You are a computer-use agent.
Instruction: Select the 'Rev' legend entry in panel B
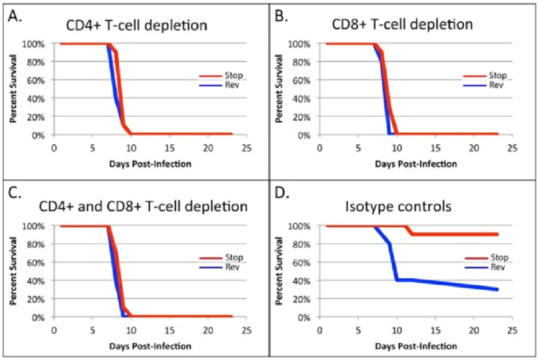(x=497, y=85)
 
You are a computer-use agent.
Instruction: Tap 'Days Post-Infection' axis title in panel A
(x=150, y=164)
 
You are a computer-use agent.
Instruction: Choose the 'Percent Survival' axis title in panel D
(x=280, y=271)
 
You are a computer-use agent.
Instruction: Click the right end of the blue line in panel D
(x=497, y=289)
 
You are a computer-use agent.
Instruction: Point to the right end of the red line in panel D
(x=497, y=234)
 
